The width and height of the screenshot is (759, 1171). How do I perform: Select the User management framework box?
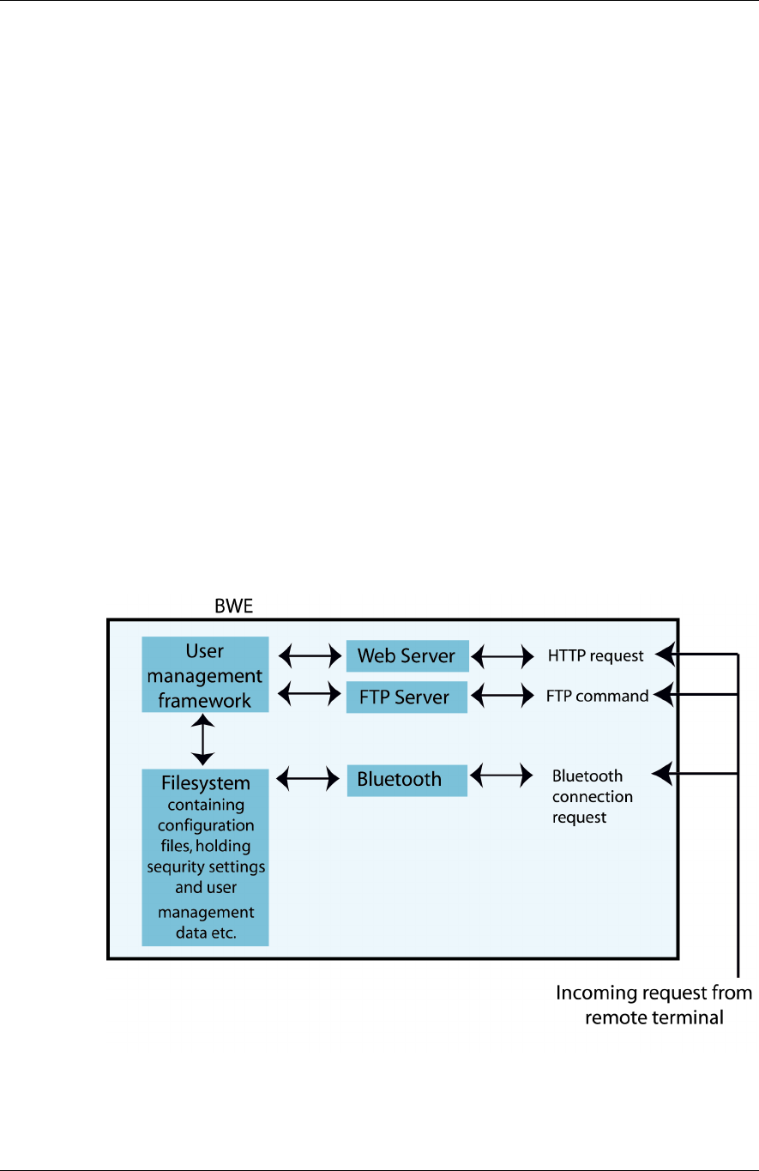pos(205,674)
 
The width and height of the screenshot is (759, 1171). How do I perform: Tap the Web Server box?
pos(407,656)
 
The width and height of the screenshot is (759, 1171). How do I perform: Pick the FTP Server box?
pos(407,697)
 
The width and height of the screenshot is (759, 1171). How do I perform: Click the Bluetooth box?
pos(407,780)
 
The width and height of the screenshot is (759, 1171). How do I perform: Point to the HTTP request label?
pos(596,656)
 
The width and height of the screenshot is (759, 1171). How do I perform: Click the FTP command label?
pos(597,696)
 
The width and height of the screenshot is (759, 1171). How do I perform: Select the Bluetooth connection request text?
pos(593,797)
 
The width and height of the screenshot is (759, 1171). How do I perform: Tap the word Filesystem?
pos(206,783)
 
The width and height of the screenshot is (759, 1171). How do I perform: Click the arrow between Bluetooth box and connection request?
pos(503,776)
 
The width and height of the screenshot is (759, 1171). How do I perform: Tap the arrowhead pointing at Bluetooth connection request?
pos(661,775)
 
